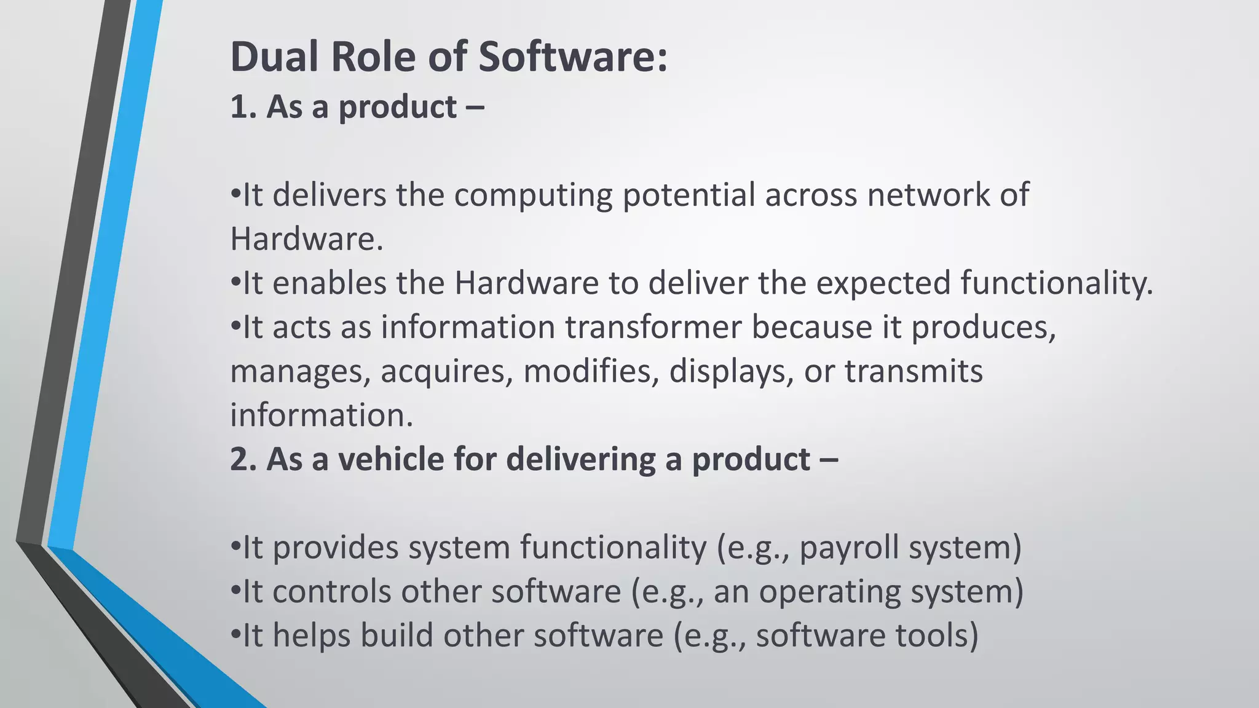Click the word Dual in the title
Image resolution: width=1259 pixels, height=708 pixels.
[275, 57]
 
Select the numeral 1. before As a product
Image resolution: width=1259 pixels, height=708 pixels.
[242, 108]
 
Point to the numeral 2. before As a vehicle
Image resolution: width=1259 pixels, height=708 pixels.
[243, 460]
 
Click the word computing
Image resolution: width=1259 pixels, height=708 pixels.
[533, 195]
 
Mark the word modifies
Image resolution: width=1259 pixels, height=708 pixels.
[591, 372]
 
